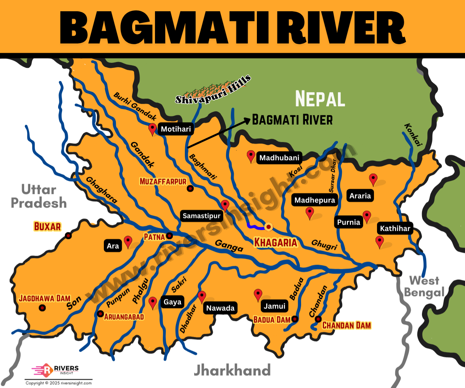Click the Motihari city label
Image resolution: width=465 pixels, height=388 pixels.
tap(176, 129)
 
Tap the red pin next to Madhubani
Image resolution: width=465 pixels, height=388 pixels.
tap(251, 156)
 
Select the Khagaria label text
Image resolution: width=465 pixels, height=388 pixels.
tap(275, 242)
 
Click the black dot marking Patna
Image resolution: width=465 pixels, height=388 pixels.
tap(169, 236)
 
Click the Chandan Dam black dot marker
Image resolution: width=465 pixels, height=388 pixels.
tap(318, 319)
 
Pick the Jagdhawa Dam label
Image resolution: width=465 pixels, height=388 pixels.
tap(45, 298)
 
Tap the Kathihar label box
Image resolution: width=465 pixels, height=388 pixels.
tap(395, 229)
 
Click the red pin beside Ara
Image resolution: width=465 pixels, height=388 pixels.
tap(127, 241)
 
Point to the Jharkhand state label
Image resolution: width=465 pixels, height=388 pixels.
tap(232, 370)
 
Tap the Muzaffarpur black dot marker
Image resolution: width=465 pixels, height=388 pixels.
tap(190, 189)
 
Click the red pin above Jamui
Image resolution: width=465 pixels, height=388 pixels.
tap(258, 294)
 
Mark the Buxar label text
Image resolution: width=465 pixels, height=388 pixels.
tap(47, 226)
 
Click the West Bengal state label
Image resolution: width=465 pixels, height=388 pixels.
tap(424, 286)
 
